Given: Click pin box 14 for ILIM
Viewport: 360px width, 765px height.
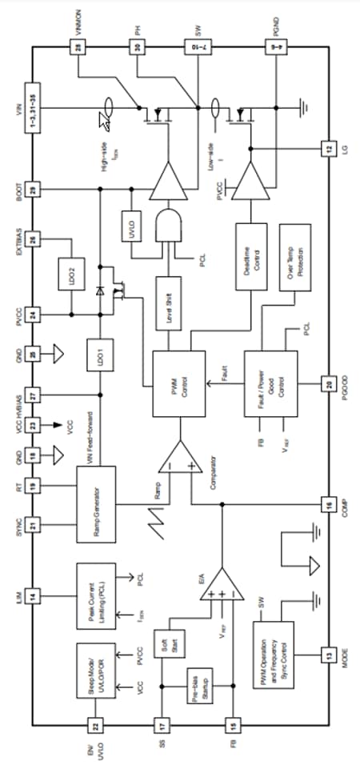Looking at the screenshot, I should coord(32,595).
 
